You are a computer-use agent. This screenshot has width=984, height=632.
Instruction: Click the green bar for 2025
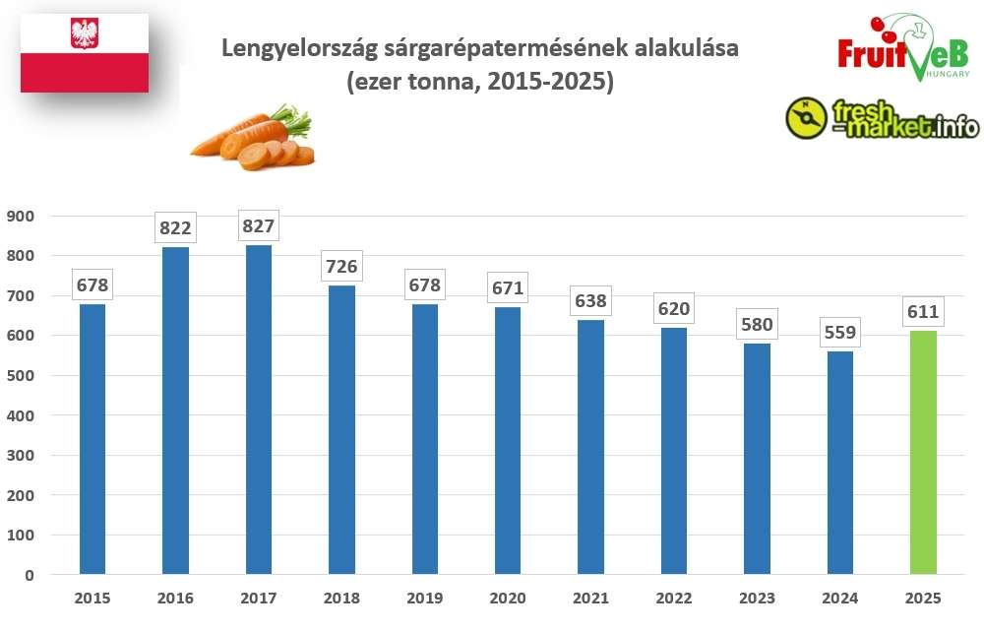(923, 452)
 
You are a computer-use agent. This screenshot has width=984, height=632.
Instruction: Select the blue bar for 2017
(259, 409)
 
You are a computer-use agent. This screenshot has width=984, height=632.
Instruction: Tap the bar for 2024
(840, 463)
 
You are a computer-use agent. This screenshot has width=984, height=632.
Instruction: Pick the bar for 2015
(92, 438)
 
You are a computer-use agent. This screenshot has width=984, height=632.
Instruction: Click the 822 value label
(175, 228)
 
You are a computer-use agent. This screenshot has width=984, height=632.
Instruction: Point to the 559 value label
(840, 334)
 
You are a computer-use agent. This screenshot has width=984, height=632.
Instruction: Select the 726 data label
(341, 267)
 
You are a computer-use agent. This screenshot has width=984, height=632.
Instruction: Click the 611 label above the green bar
(923, 313)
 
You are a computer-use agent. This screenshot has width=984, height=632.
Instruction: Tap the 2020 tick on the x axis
(508, 598)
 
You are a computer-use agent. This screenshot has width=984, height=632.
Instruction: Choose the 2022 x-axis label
(674, 598)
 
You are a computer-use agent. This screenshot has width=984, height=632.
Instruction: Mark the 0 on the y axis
(30, 575)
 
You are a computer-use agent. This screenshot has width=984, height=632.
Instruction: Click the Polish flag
(85, 53)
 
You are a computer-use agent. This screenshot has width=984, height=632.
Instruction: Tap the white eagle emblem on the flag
(85, 34)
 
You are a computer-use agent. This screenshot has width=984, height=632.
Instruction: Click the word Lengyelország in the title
(286, 48)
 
